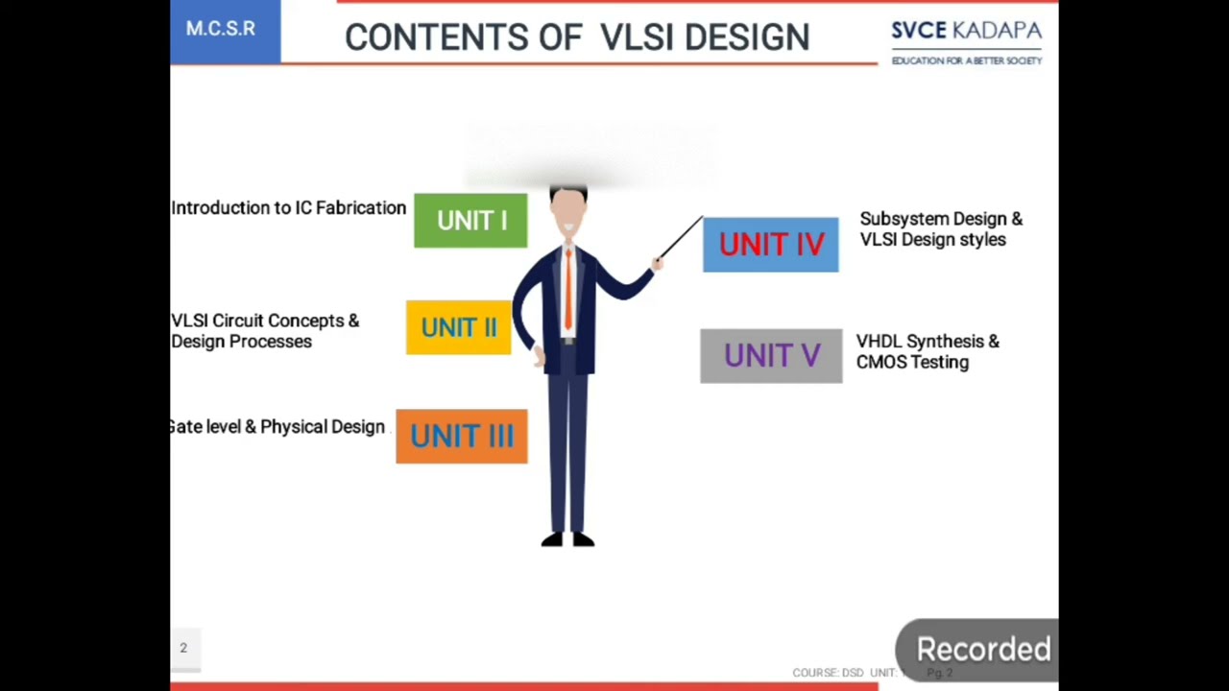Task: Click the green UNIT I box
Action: [x=470, y=221]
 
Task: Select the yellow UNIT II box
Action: [x=459, y=327]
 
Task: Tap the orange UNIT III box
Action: [x=462, y=437]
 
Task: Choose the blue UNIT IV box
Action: [x=771, y=245]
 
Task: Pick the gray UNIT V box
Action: [x=771, y=356]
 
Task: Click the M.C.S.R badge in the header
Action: [x=221, y=29]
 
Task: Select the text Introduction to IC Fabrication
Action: [x=288, y=208]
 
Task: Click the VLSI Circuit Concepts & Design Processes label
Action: [x=264, y=331]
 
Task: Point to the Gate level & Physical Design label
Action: [x=277, y=427]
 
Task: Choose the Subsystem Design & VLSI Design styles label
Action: [x=940, y=229]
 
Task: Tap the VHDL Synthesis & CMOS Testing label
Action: [x=927, y=351]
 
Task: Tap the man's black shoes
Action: [x=568, y=540]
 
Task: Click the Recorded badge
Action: [x=982, y=650]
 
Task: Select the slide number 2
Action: [x=183, y=648]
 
